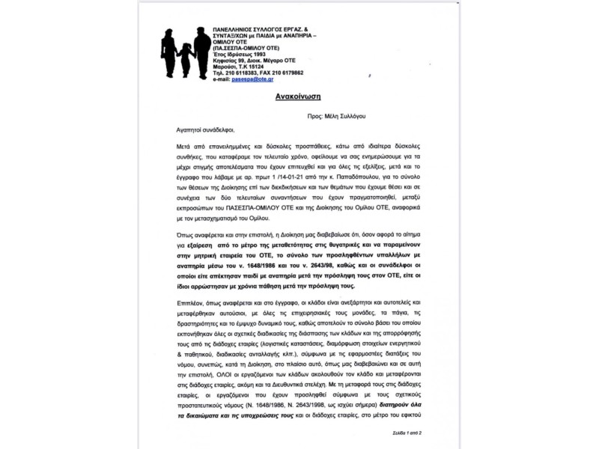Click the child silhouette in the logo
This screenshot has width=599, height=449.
[185, 55]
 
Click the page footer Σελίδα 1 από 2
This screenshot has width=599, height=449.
[407, 433]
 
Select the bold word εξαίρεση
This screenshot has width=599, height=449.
[197, 245]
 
